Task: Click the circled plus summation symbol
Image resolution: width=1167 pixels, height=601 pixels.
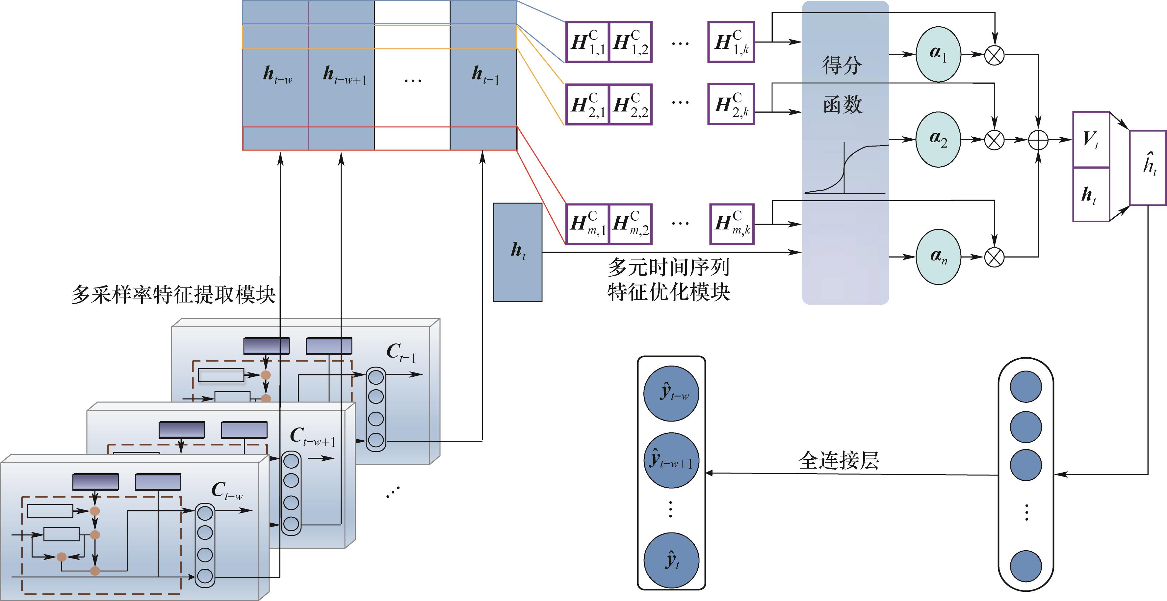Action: [1038, 140]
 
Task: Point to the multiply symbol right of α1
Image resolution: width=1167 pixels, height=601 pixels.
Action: [995, 55]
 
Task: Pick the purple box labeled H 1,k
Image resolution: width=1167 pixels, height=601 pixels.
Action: [731, 42]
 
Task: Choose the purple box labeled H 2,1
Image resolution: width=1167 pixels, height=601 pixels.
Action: [587, 105]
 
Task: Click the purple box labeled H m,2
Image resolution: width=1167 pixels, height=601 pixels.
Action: [631, 224]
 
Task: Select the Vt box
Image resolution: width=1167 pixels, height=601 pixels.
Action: [1091, 140]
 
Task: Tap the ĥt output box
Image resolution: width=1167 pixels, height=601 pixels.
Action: [1148, 168]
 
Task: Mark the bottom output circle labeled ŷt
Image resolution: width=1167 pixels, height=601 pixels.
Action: [671, 560]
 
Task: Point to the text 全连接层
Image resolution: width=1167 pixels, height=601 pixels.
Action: [839, 460]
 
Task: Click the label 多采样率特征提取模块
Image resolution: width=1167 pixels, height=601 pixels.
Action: [173, 295]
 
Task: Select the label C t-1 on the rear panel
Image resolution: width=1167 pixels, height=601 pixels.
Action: [401, 353]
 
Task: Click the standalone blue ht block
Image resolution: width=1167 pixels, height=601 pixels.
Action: [518, 252]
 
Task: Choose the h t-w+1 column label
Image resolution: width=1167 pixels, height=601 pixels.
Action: [344, 75]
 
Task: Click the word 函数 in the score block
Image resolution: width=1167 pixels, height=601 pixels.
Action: [842, 105]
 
